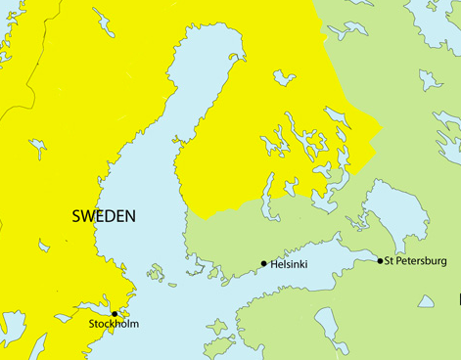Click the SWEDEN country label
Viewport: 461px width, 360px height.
(x=104, y=216)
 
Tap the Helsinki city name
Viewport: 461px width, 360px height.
(x=291, y=264)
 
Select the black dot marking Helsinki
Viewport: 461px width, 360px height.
(x=264, y=263)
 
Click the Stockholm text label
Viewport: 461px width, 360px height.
(x=114, y=324)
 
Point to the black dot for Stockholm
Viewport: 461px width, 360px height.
(x=115, y=313)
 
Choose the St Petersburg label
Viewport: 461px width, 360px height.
(x=416, y=261)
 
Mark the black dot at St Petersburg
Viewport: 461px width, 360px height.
(x=381, y=260)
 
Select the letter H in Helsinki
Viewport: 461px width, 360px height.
(x=275, y=264)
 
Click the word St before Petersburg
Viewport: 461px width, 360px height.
(x=390, y=261)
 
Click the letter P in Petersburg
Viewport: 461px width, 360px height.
(x=399, y=261)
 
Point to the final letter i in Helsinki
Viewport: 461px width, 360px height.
(x=308, y=264)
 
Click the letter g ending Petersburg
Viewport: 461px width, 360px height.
(x=443, y=262)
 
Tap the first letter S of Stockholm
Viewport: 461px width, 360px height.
(x=92, y=324)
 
